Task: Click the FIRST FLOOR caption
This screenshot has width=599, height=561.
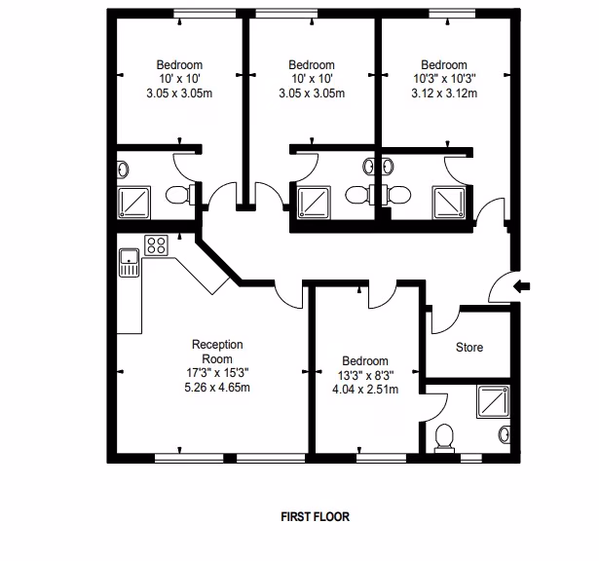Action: coord(316,517)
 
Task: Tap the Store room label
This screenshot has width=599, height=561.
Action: coord(469,347)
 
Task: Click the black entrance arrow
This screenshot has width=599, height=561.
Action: coord(521,285)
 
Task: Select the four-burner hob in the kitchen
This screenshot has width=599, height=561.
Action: coord(156,245)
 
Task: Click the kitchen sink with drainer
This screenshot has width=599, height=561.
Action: coord(130,262)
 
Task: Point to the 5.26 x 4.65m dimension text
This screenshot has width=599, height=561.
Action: coord(217,388)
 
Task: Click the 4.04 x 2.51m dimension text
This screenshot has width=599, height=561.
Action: coord(365,390)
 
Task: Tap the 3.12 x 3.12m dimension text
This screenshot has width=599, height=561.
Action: coord(444,93)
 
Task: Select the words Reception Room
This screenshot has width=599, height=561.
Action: coord(217,352)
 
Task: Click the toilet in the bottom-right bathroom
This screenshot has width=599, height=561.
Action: coord(444,438)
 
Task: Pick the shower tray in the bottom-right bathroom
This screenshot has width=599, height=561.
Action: coord(493,401)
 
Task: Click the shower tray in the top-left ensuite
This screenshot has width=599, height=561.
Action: coord(133,203)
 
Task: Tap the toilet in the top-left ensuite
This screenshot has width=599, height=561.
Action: coord(180,195)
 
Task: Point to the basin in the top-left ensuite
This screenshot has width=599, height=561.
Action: coord(123,169)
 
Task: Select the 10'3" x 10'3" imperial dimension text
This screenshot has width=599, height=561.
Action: coord(444,79)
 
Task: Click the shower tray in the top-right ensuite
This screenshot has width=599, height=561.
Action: coord(449,203)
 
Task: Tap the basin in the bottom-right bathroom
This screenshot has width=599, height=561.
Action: coord(505,434)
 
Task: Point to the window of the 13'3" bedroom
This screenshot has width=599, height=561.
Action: coord(381,458)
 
